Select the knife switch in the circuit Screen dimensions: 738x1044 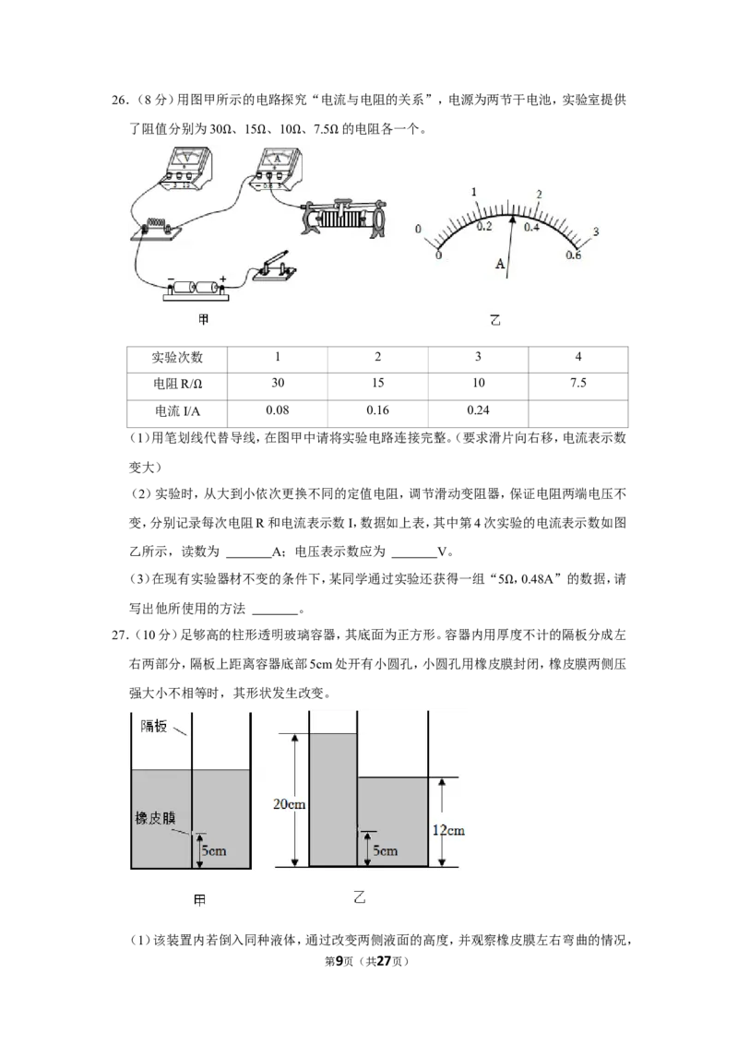(x=273, y=267)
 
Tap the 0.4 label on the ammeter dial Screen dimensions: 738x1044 (x=530, y=228)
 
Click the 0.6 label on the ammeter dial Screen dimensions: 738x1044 (x=573, y=255)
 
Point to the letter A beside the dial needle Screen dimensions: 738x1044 (x=500, y=265)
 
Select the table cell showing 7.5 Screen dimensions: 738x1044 (x=578, y=383)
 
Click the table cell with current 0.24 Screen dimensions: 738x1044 (x=478, y=410)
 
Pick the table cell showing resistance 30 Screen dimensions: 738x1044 (x=278, y=383)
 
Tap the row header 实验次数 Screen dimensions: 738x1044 (x=177, y=358)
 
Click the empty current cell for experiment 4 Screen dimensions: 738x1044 (x=578, y=413)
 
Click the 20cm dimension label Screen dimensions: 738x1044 (x=289, y=804)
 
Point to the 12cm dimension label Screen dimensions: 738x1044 (x=449, y=830)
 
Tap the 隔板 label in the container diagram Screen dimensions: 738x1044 (x=154, y=727)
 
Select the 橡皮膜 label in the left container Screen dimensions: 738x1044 (x=155, y=818)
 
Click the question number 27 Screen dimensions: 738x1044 (x=119, y=635)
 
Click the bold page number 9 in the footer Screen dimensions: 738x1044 (x=339, y=961)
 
